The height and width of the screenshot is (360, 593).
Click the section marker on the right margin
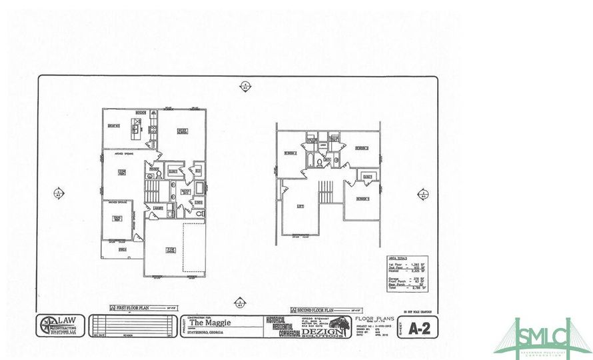coord(423,195)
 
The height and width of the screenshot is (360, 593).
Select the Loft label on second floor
coord(300,206)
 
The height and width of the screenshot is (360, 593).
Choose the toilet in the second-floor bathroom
coord(319,162)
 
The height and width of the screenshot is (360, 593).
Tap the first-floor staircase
coord(152,193)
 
